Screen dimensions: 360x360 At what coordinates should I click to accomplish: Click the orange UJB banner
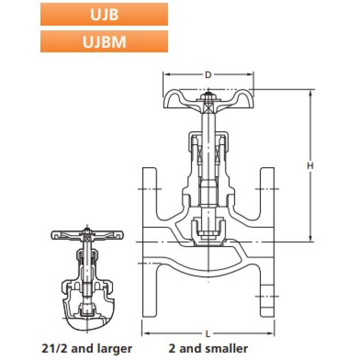(104, 14)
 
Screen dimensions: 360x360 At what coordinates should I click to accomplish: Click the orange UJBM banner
(104, 41)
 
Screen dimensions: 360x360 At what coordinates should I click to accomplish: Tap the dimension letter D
(208, 75)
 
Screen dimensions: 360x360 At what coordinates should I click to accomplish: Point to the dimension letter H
(310, 165)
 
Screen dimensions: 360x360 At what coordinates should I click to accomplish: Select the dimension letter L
(208, 334)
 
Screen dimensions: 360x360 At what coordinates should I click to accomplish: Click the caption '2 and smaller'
(208, 348)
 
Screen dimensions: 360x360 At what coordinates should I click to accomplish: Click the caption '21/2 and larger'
(87, 348)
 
